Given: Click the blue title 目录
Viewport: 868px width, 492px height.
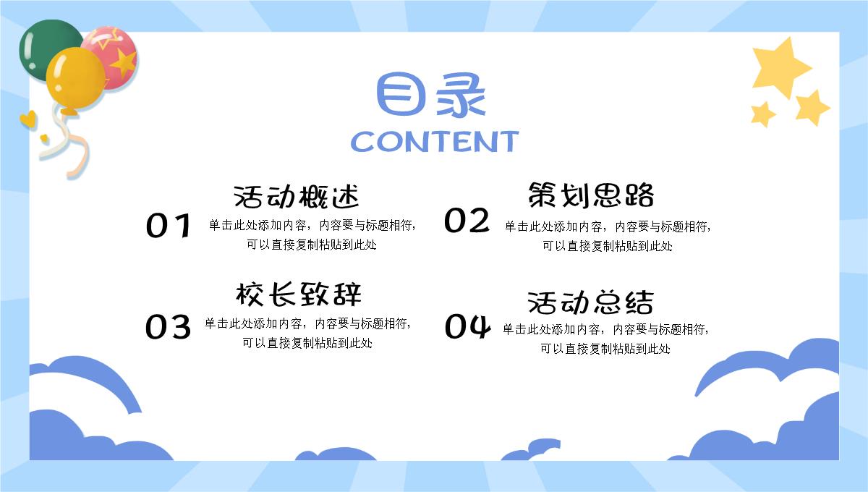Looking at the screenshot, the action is click(431, 95).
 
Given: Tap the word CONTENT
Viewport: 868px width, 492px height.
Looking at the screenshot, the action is click(435, 141).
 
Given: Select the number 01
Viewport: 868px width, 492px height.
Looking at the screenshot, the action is click(168, 225).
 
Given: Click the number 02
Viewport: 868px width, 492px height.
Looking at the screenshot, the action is click(467, 220).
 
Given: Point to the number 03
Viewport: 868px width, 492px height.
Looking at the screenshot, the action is click(168, 326).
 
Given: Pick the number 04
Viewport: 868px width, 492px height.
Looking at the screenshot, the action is click(468, 326).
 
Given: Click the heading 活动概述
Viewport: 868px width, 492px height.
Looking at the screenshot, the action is click(297, 197).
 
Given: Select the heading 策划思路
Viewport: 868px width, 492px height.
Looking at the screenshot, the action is click(592, 195).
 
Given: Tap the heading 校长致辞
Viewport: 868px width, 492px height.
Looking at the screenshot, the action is click(298, 294).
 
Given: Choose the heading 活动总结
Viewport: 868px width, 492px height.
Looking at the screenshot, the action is click(590, 302).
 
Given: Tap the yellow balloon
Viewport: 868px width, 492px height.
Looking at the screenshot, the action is click(76, 79).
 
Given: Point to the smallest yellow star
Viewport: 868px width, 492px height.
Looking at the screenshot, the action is click(763, 114).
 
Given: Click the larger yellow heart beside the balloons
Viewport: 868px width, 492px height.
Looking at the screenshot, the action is click(28, 119).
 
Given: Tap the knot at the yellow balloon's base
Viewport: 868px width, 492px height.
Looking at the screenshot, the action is click(69, 112).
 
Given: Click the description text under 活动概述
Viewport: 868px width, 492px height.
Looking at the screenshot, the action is click(312, 234).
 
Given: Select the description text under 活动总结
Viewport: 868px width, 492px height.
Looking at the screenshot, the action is click(605, 339).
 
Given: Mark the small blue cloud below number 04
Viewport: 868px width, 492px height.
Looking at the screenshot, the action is click(532, 450).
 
